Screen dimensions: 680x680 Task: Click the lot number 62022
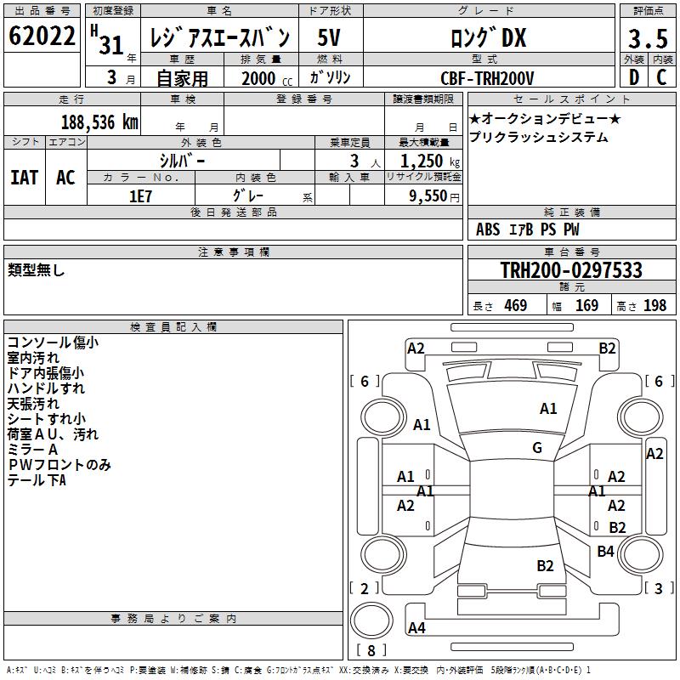point(42,37)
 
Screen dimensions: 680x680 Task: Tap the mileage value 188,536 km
point(99,122)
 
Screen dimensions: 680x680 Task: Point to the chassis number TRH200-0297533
point(571,271)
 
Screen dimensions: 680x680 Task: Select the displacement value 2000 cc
point(260,79)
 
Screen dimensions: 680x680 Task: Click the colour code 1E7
point(140,195)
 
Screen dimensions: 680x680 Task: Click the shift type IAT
point(24,178)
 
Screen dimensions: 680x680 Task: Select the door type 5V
point(330,38)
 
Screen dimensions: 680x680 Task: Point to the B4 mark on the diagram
point(605,552)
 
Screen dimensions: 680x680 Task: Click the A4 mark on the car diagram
point(416,628)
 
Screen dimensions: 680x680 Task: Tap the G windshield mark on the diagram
point(537,448)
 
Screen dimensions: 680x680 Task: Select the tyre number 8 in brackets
point(371,651)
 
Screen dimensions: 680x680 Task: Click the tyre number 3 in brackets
point(659,588)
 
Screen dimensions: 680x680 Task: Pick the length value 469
point(515,306)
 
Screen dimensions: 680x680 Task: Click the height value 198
point(654,306)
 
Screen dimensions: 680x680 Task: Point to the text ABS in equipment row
point(488,229)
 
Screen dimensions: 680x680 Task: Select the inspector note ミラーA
point(32,449)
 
